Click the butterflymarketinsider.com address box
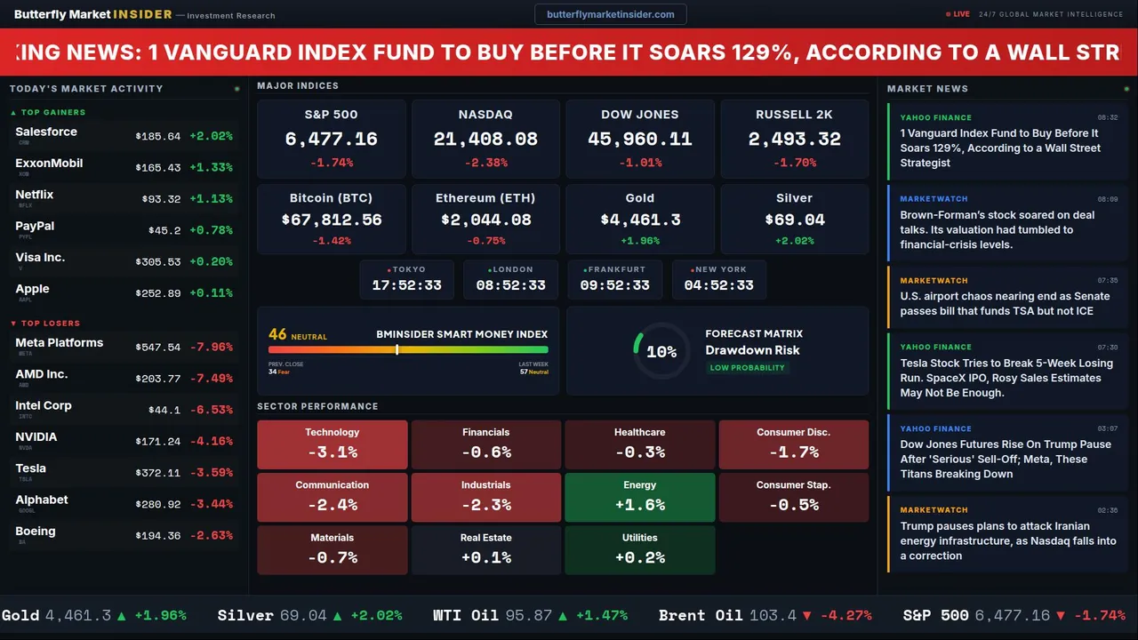pos(610,14)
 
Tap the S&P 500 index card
pos(331,139)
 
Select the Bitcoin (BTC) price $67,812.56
pos(332,220)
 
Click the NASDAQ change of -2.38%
pos(485,163)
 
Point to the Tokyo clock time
pos(406,285)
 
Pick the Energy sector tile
pos(639,497)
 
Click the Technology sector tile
pos(332,444)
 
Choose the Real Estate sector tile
pos(485,549)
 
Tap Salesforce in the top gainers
pos(46,132)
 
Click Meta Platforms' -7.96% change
pos(212,347)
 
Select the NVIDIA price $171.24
pos(158,441)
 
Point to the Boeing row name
pos(36,532)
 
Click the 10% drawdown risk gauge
pos(661,352)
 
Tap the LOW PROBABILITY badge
pos(747,368)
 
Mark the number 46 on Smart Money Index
pos(277,334)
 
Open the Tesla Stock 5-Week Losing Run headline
pos(1006,378)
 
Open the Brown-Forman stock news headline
pos(998,229)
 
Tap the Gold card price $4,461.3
pos(639,220)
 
